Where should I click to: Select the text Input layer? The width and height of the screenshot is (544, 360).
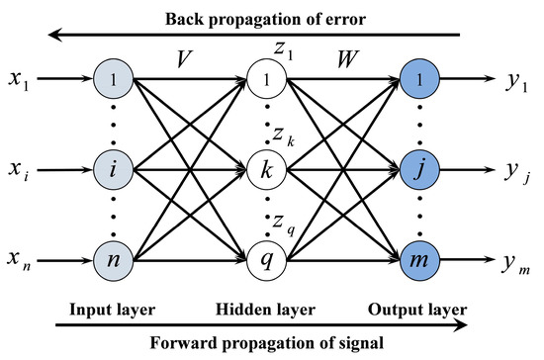coord(112,308)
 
